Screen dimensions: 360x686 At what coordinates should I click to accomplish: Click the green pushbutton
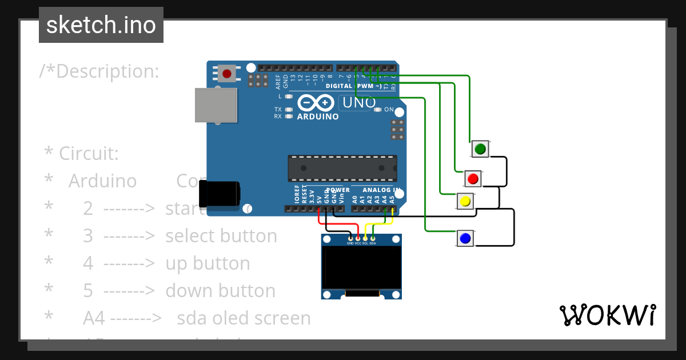pyautogui.click(x=480, y=149)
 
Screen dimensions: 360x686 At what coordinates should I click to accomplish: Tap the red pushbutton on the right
pyautogui.click(x=472, y=179)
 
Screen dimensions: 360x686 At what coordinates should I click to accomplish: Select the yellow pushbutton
pyautogui.click(x=465, y=202)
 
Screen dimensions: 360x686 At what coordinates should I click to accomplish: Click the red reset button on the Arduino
pyautogui.click(x=228, y=74)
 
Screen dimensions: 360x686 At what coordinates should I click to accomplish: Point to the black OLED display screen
pyautogui.click(x=361, y=267)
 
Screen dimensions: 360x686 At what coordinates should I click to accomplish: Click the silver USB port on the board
pyautogui.click(x=216, y=105)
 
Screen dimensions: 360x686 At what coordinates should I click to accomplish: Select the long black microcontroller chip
pyautogui.click(x=342, y=167)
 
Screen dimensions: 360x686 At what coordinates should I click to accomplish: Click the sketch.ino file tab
pyautogui.click(x=101, y=25)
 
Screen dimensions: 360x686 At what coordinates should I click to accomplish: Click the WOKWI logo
pyautogui.click(x=607, y=315)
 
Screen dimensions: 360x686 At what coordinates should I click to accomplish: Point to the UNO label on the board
pyautogui.click(x=358, y=103)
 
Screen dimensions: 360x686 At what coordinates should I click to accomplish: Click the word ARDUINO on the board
pyautogui.click(x=318, y=117)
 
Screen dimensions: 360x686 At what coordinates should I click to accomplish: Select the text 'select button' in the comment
pyautogui.click(x=221, y=236)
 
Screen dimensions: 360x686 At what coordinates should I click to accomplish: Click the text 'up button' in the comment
pyautogui.click(x=208, y=263)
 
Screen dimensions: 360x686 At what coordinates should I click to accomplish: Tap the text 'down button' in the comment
pyautogui.click(x=220, y=291)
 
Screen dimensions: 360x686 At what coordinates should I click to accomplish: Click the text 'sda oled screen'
pyautogui.click(x=244, y=318)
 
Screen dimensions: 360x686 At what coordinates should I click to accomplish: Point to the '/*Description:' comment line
pyautogui.click(x=99, y=71)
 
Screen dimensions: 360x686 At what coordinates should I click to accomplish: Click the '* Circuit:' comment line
pyautogui.click(x=81, y=154)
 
